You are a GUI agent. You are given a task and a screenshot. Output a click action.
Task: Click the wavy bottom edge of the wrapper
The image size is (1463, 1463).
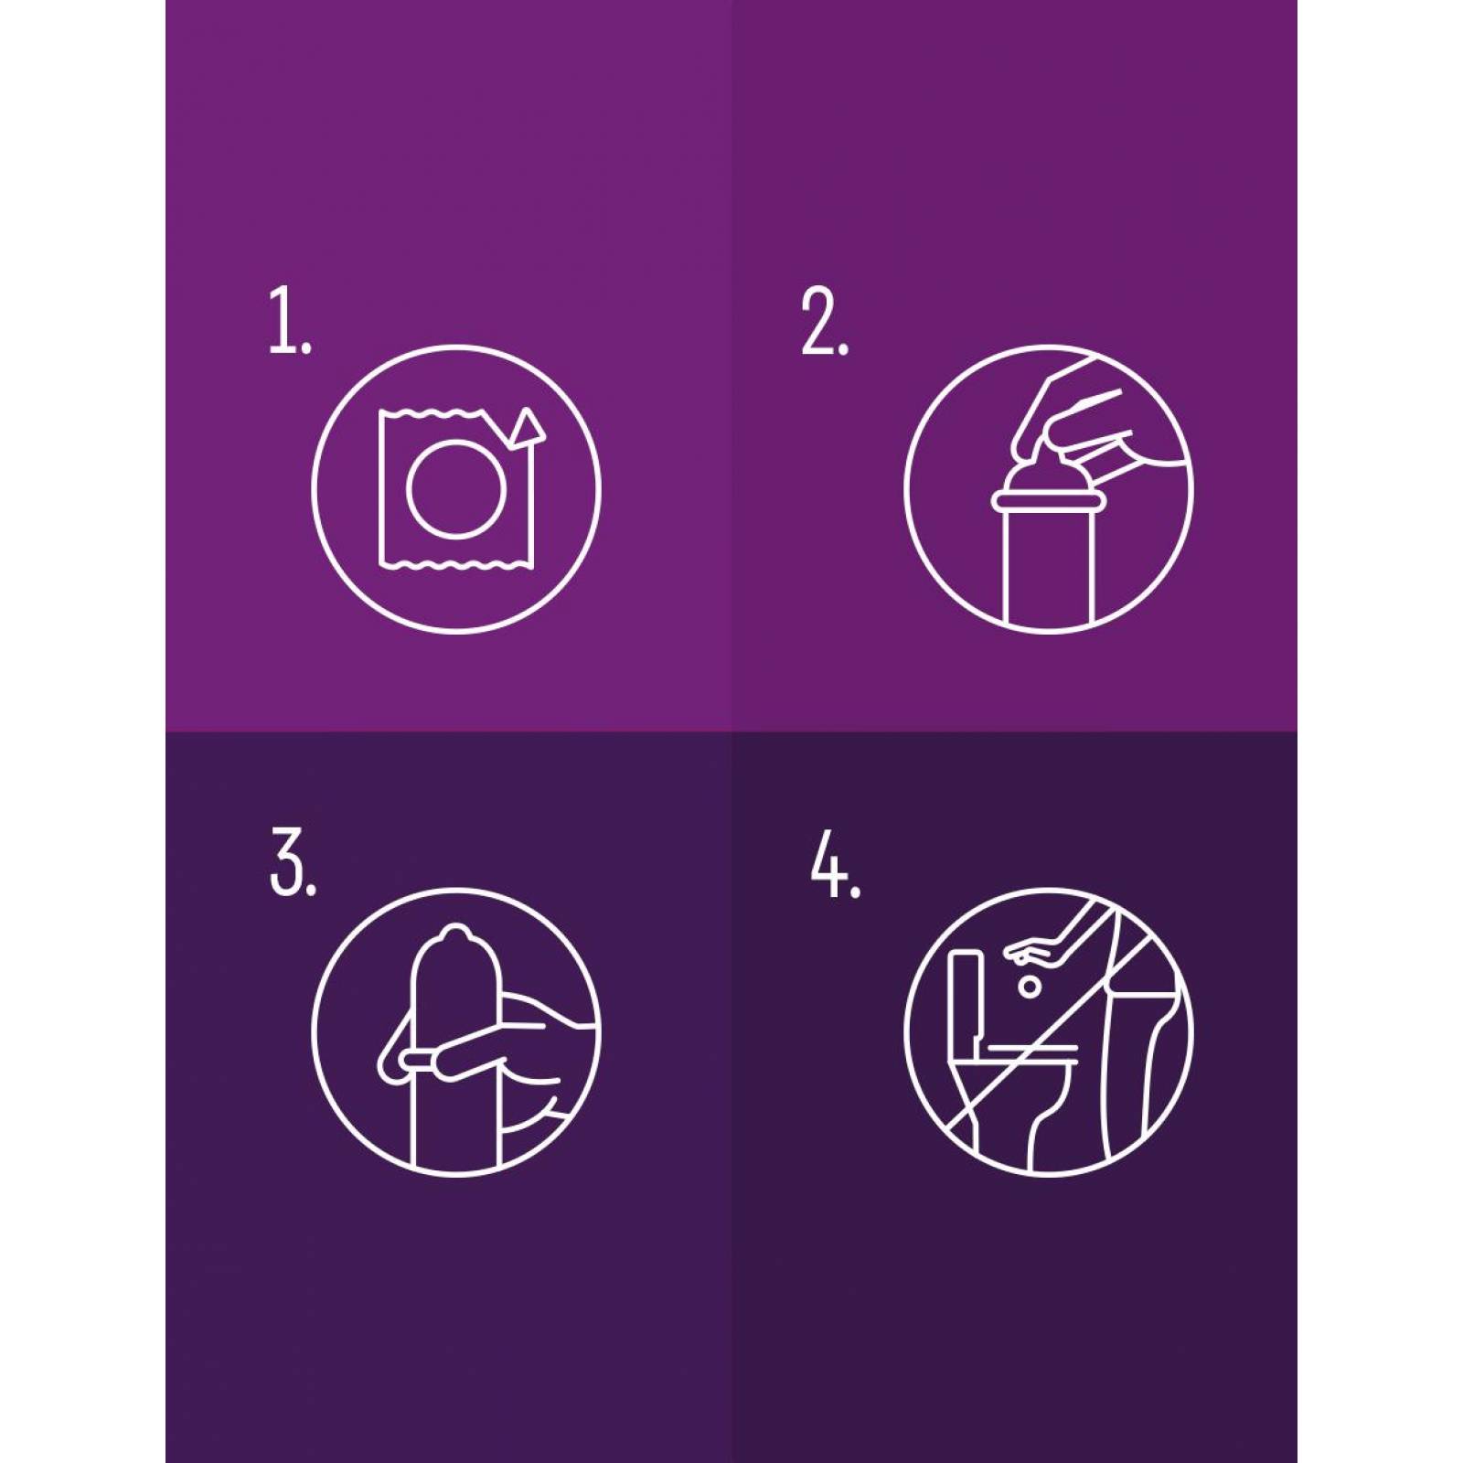(x=456, y=564)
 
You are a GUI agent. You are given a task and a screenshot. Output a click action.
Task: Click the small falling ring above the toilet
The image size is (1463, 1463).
(x=1031, y=987)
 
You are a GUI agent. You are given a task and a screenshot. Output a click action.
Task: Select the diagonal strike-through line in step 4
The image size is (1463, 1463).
(x=1050, y=1032)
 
